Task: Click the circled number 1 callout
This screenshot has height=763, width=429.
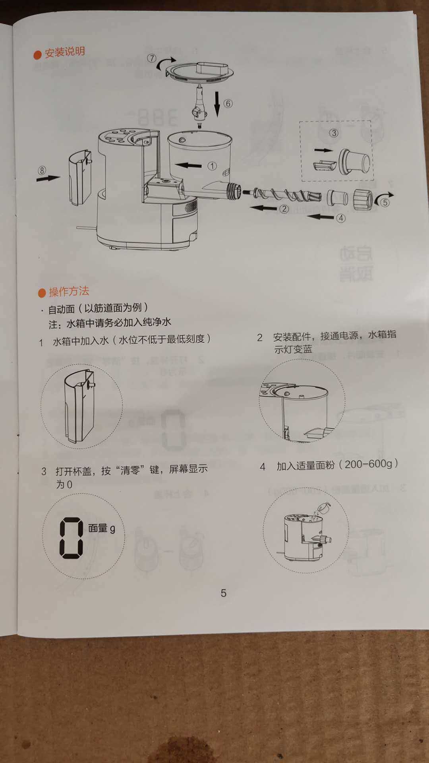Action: pos(212,166)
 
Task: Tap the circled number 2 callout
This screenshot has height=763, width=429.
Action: pos(284,209)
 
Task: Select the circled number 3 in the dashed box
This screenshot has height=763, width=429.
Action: pos(334,133)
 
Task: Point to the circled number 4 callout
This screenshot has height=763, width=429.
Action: pos(341,218)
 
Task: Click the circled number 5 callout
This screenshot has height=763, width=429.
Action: pos(385,202)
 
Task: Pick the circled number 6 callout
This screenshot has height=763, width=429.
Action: pos(228,104)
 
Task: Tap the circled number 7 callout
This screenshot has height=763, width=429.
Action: pos(152,58)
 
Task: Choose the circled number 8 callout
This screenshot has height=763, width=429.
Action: pos(42,170)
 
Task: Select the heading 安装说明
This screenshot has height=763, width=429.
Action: pos(65,52)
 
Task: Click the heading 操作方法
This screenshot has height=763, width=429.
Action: pos(69,292)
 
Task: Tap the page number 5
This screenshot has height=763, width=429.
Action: pos(224,593)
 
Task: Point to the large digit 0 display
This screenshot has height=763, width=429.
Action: pos(71,538)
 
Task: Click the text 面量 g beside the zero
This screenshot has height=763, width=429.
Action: pos(102,528)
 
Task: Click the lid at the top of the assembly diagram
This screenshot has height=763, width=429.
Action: pos(199,72)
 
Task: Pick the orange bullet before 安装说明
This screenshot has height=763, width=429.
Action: pos(38,54)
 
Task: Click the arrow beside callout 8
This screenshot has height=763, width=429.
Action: pos(48,178)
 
